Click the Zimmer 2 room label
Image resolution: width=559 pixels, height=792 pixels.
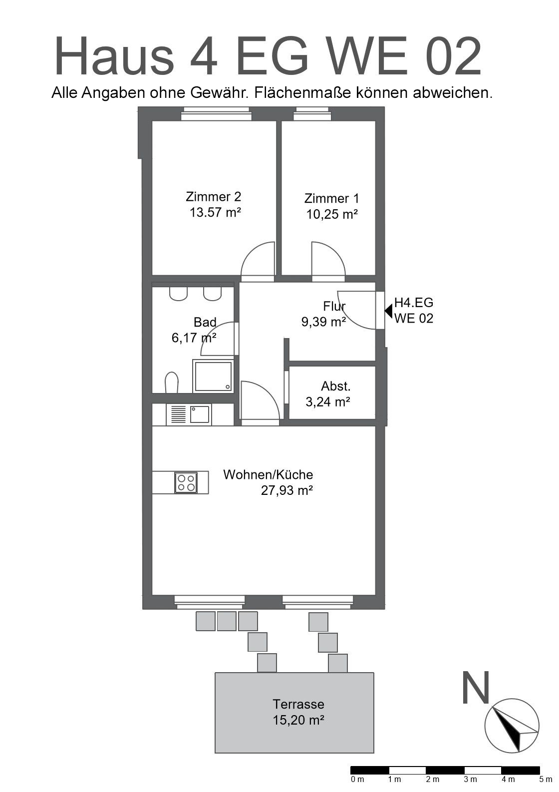click(214, 197)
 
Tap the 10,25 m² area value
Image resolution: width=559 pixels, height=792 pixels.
click(332, 214)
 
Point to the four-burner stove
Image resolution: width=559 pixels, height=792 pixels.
click(186, 482)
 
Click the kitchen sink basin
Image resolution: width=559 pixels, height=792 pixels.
click(199, 414)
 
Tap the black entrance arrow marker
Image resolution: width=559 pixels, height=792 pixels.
click(388, 311)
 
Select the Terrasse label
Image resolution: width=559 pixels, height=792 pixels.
click(298, 704)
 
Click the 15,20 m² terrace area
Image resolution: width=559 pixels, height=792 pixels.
click(298, 720)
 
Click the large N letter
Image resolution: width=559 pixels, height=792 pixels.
click(476, 688)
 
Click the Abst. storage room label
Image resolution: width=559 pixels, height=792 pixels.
click(336, 386)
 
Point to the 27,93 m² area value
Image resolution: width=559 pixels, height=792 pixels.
click(287, 491)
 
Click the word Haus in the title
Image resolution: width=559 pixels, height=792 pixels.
click(114, 56)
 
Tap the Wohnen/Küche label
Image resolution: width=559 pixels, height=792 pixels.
click(268, 474)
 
